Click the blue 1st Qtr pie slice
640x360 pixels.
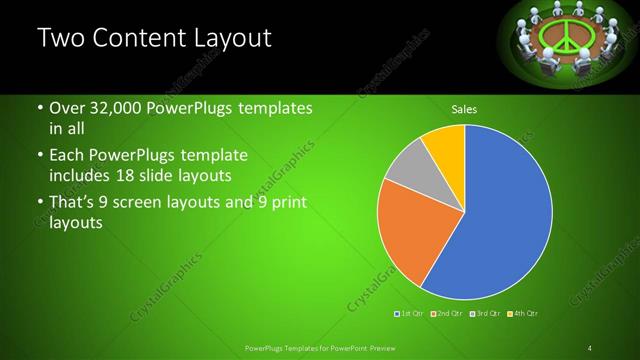500,220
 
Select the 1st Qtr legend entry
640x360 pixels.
410,314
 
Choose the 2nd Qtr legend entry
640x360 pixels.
447,314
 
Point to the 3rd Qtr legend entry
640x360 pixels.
485,314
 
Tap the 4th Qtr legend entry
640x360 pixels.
523,314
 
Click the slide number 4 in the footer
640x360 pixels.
590,347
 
